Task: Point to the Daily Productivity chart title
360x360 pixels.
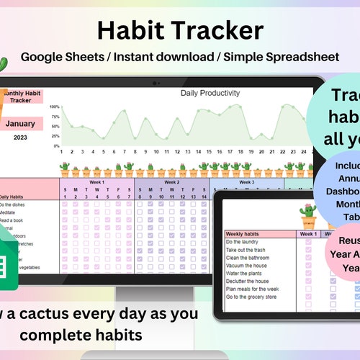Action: click(x=210, y=94)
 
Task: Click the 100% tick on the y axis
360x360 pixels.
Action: click(x=55, y=107)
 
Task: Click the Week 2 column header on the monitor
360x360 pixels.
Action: click(x=172, y=182)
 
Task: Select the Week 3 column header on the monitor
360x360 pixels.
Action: click(x=246, y=182)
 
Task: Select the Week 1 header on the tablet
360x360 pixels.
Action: click(x=309, y=234)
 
